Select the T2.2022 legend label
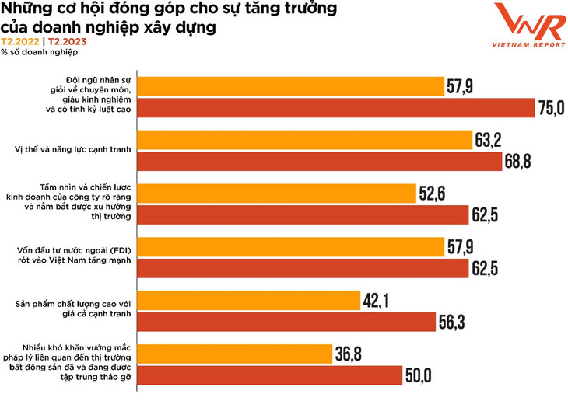(19, 42)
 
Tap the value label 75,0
(550, 108)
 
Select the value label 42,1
(377, 299)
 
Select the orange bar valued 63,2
(304, 140)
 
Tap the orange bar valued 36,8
(233, 354)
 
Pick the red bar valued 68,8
(318, 162)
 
